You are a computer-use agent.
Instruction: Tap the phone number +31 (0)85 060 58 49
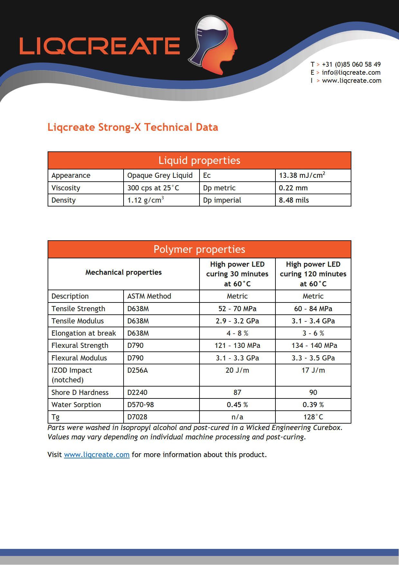(351, 64)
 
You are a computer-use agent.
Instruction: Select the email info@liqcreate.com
(351, 72)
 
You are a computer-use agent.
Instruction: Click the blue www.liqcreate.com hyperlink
(97, 455)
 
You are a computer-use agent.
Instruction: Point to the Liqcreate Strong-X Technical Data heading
(133, 127)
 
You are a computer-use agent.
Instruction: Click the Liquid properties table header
(199, 160)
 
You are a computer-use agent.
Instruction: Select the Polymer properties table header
(199, 249)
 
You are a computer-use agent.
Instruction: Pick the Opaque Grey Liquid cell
(160, 176)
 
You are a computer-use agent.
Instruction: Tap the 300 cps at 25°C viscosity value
(153, 188)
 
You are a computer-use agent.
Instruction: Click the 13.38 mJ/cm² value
(302, 176)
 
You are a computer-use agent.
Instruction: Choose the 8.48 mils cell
(294, 200)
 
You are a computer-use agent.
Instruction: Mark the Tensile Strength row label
(78, 309)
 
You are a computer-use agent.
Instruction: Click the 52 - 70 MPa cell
(237, 309)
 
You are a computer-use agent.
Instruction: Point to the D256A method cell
(138, 370)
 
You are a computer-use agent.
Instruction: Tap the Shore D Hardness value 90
(313, 392)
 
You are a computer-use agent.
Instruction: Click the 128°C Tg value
(313, 417)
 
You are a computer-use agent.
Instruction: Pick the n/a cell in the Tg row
(237, 417)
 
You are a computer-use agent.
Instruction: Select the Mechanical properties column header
(124, 273)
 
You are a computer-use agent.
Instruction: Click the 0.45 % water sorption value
(237, 405)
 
